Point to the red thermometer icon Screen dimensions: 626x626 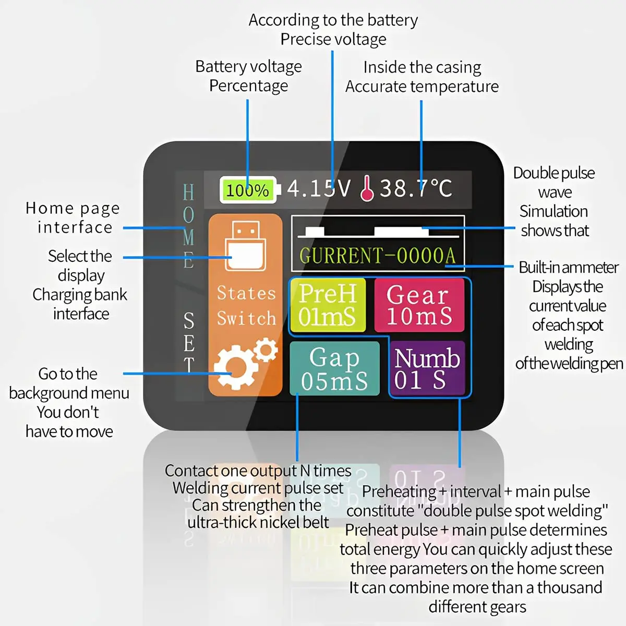pyautogui.click(x=367, y=188)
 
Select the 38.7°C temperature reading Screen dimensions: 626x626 pyautogui.click(x=416, y=188)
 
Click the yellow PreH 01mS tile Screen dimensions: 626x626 pyautogui.click(x=327, y=305)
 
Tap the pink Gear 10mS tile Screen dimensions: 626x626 pyautogui.click(x=419, y=305)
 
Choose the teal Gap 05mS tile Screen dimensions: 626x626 pyautogui.click(x=334, y=369)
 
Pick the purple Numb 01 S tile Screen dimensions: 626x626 pyautogui.click(x=427, y=369)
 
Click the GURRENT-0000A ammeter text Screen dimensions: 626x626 pyautogui.click(x=378, y=256)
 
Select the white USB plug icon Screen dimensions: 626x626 pyautogui.click(x=245, y=246)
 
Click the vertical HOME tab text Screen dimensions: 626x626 pyautogui.click(x=188, y=226)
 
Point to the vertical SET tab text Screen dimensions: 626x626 pyautogui.click(x=189, y=342)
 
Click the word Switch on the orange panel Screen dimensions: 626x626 pyautogui.click(x=246, y=318)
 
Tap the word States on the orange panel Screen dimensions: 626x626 pyautogui.click(x=246, y=293)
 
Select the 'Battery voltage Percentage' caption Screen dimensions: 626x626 pyautogui.click(x=248, y=76)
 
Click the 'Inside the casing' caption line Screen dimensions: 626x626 pyautogui.click(x=422, y=67)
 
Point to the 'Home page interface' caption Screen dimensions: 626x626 pyautogui.click(x=73, y=218)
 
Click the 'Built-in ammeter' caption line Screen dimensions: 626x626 pyautogui.click(x=569, y=268)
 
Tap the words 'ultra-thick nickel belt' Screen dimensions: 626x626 pyautogui.click(x=258, y=522)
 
